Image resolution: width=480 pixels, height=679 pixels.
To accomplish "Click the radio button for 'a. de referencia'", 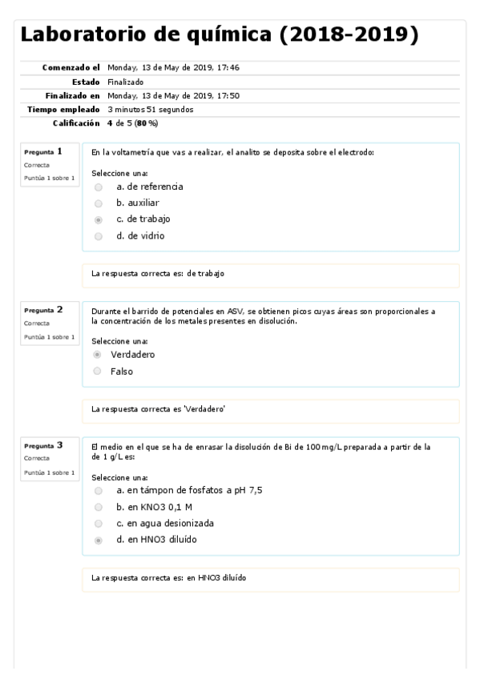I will (99, 187).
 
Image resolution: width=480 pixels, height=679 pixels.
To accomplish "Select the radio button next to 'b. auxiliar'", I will (99, 203).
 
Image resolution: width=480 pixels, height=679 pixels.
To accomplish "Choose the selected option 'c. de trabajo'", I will (99, 219).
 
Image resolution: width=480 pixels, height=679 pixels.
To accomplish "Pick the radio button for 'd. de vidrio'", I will (99, 236).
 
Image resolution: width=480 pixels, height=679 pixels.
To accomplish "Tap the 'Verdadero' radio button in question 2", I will (98, 354).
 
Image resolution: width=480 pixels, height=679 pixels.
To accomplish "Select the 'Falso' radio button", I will (98, 371).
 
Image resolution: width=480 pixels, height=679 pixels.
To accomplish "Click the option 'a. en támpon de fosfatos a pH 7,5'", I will (99, 490).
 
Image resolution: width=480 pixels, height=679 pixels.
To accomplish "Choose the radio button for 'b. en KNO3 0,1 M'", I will (99, 507).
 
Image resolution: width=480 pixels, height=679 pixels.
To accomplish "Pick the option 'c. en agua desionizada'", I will (99, 524).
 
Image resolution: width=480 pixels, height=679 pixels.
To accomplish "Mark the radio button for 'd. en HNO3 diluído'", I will (99, 540).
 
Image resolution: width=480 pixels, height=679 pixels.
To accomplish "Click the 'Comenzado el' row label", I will (71, 67).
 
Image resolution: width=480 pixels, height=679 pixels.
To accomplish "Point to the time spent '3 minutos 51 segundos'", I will (150, 109).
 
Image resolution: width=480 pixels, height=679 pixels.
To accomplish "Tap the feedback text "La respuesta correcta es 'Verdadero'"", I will (159, 409).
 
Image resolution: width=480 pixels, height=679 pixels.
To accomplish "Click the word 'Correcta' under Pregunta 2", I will (37, 323).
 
